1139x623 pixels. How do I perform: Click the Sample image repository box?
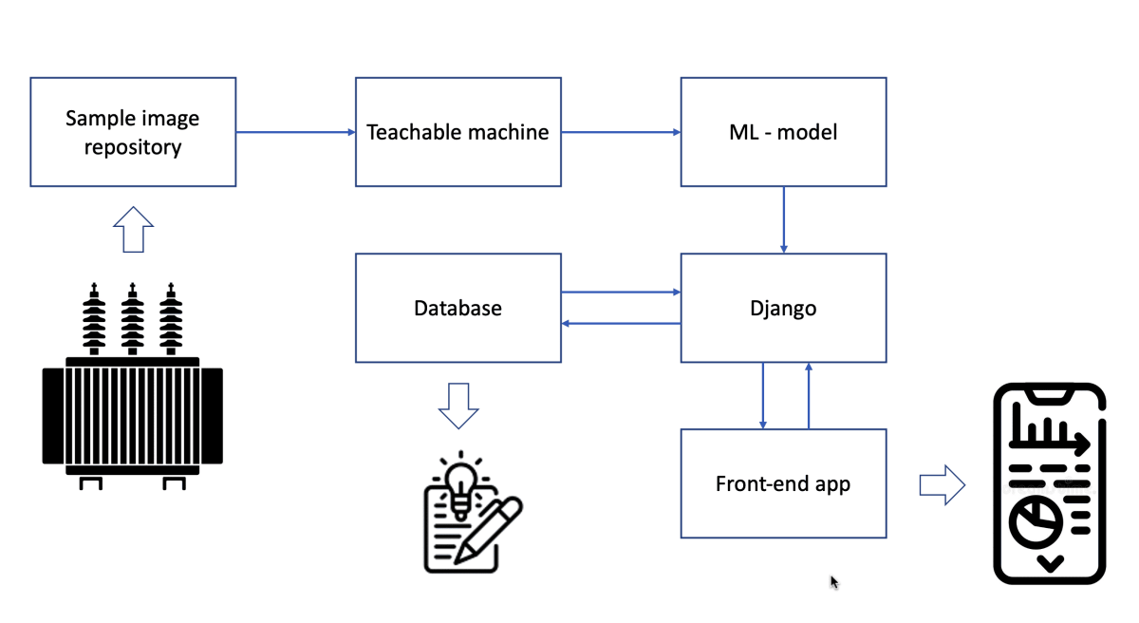(x=133, y=132)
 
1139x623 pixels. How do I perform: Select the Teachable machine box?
(x=457, y=132)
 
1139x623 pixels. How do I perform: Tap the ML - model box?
(x=783, y=132)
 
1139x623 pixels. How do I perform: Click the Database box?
(x=457, y=308)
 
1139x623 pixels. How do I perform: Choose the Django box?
(x=783, y=308)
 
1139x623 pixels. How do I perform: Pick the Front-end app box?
(x=783, y=483)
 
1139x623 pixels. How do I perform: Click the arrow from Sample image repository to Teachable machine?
(x=295, y=132)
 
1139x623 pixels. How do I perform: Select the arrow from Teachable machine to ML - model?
(x=621, y=132)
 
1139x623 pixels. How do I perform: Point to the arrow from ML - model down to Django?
(x=784, y=219)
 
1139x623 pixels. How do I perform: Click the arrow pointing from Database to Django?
(x=621, y=293)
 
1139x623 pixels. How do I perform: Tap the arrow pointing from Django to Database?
(x=621, y=324)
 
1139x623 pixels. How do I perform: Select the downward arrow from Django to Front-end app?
(x=763, y=395)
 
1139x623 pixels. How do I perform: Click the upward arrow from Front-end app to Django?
(x=809, y=395)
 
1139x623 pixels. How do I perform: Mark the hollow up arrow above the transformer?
(x=133, y=230)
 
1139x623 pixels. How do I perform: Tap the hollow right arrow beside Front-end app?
(x=942, y=485)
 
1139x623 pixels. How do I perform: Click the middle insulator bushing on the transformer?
(x=132, y=318)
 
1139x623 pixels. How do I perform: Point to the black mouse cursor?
(x=834, y=582)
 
